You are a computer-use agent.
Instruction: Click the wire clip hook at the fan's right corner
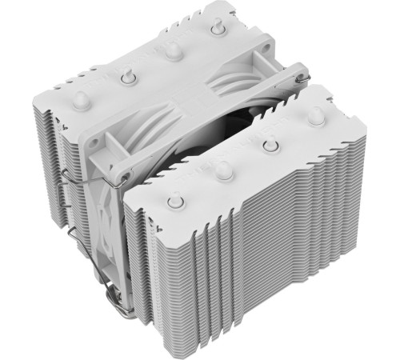point(303,78)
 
